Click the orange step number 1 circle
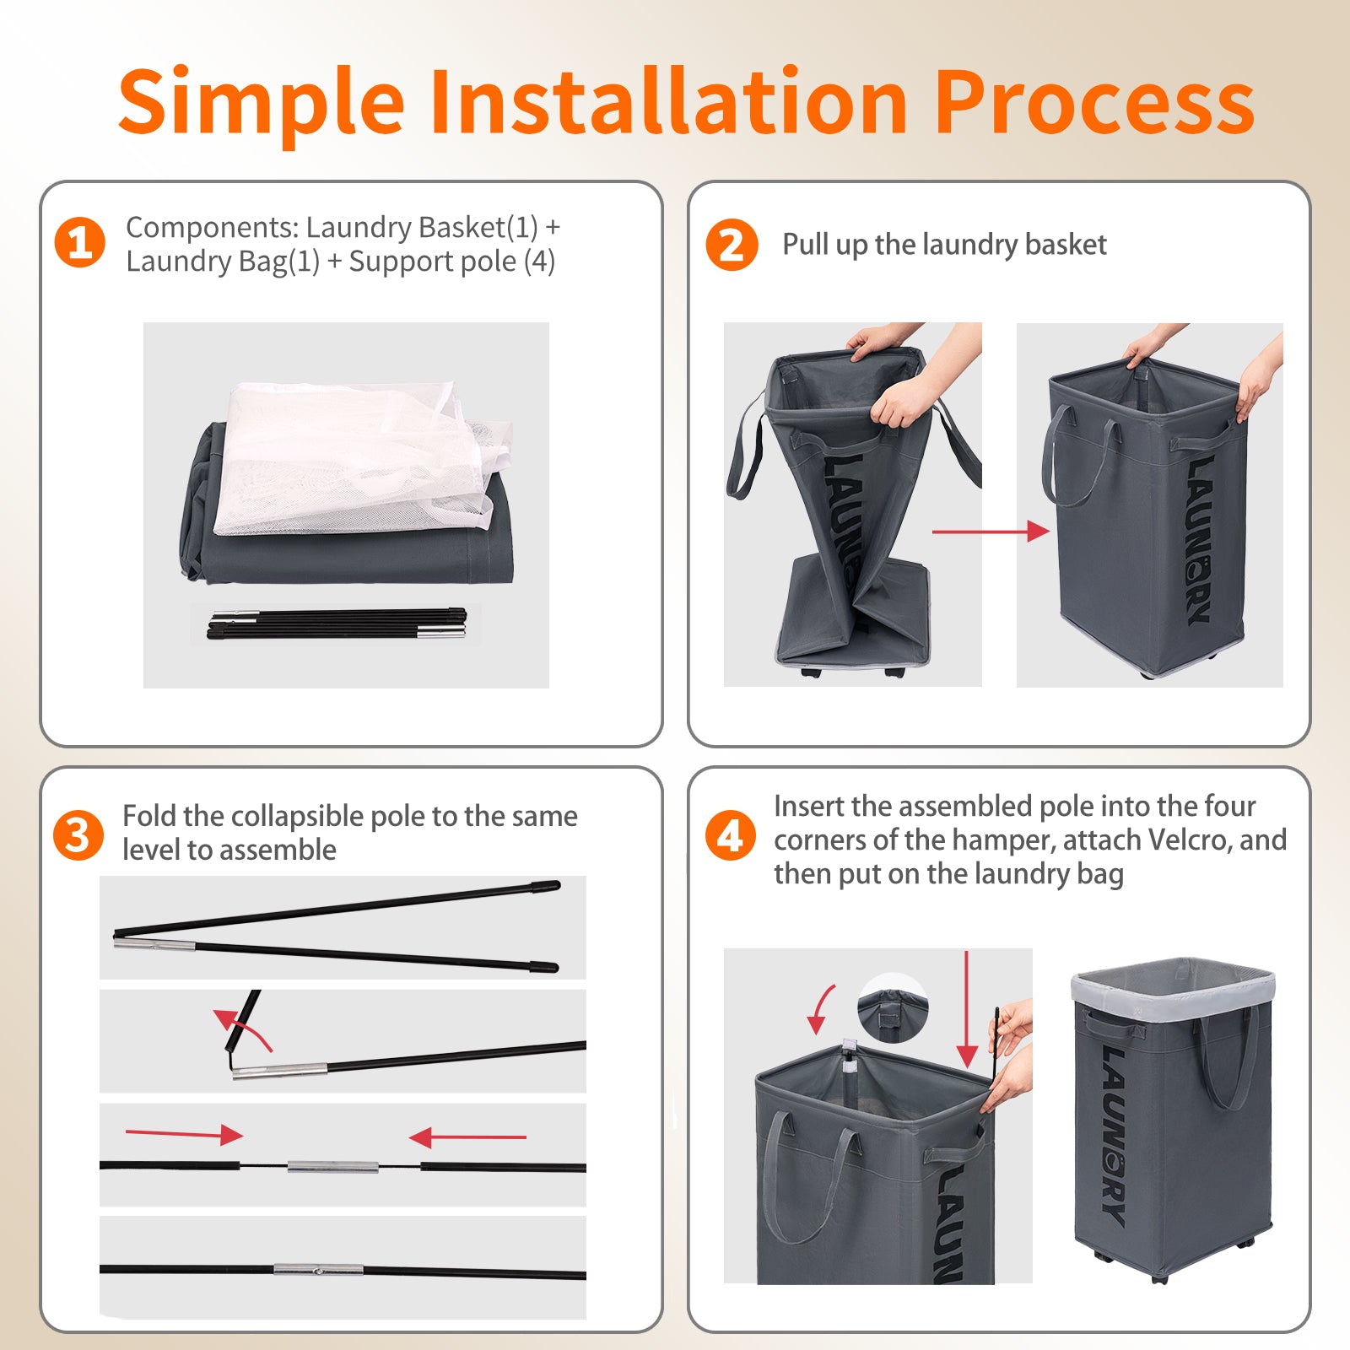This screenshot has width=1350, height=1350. click(79, 243)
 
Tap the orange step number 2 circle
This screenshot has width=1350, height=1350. click(732, 245)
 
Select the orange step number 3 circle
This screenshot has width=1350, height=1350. click(78, 835)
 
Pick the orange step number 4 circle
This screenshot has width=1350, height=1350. click(730, 835)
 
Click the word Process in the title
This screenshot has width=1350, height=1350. click(1094, 103)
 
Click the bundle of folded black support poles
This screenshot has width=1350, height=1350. click(337, 624)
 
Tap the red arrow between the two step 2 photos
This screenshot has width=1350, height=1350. click(991, 532)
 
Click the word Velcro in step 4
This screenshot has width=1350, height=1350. click(1190, 840)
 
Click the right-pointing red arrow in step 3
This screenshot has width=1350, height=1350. click(184, 1134)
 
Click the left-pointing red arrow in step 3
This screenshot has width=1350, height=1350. click(467, 1137)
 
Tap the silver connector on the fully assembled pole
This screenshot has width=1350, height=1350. click(318, 1269)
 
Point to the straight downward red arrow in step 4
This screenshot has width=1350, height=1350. click(967, 1009)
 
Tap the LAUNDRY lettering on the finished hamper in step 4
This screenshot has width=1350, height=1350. click(1114, 1136)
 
